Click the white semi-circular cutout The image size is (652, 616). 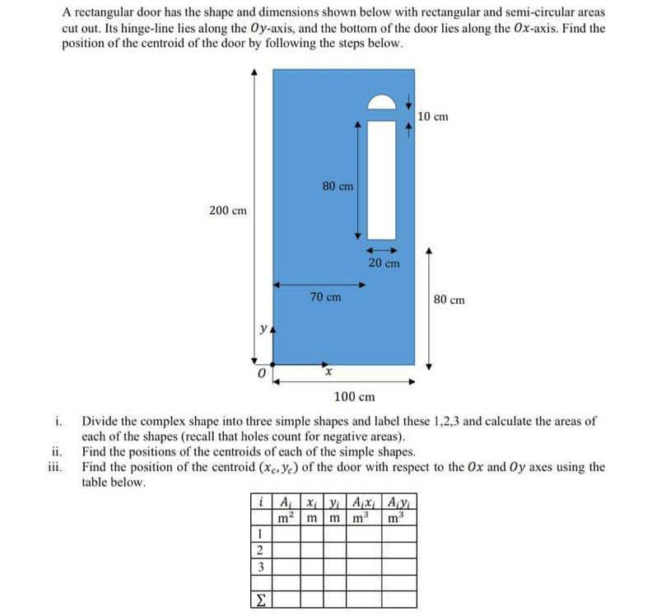pos(382,102)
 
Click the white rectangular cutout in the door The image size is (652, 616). pos(382,177)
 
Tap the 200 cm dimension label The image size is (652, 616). pos(227,211)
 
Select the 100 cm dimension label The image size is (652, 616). pos(356,397)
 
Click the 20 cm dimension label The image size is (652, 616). pos(384,264)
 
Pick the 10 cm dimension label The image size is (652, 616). pos(433,116)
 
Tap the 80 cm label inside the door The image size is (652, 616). pos(338,186)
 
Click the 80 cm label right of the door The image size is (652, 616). pos(449,300)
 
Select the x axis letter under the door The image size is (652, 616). pos(328,374)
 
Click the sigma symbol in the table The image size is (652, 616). pos(260,596)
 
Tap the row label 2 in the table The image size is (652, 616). pos(260,551)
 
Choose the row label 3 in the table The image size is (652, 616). pos(260,567)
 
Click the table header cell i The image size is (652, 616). pos(260,502)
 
